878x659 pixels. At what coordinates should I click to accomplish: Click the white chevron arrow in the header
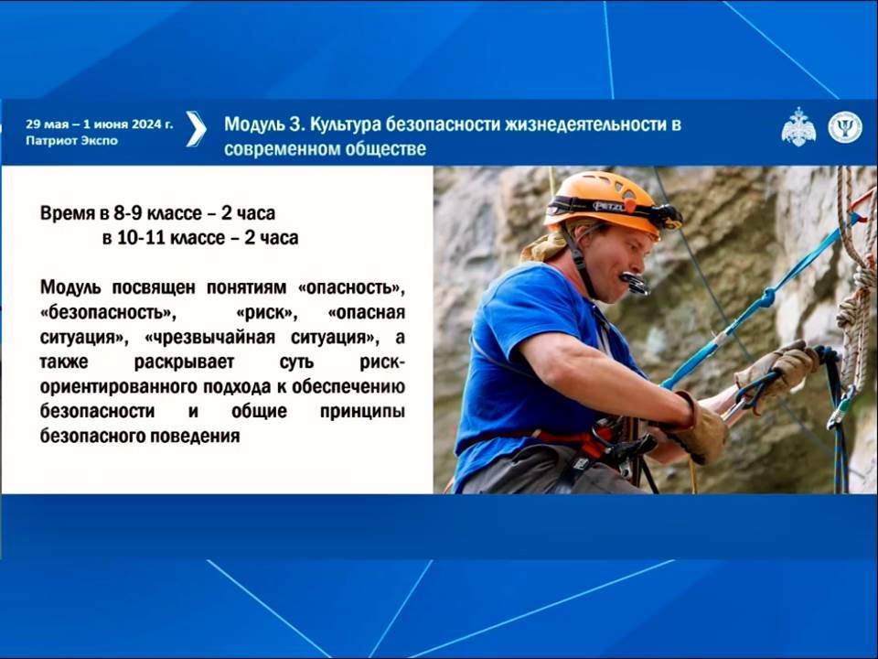(196, 129)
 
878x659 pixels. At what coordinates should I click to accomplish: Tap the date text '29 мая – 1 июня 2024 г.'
(100, 124)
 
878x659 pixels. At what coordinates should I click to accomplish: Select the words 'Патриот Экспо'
(71, 141)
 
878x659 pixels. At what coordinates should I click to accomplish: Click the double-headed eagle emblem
(798, 127)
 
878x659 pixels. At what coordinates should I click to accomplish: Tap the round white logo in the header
(845, 127)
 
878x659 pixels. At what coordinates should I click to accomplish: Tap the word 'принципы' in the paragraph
(362, 412)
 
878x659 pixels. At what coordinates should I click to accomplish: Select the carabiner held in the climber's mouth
(636, 283)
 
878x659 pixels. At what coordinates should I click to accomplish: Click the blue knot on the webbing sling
(765, 298)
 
